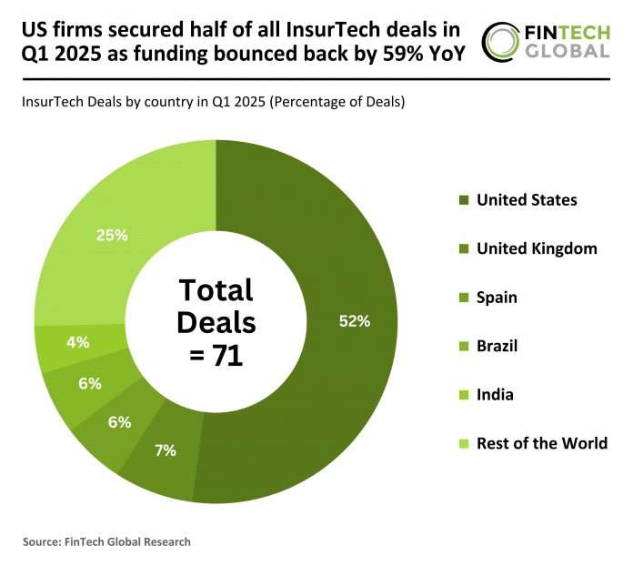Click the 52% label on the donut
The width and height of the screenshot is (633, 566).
point(355,320)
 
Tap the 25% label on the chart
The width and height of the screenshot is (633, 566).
point(112,235)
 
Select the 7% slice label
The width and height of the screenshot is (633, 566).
point(165,450)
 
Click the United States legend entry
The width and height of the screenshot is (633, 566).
point(527,200)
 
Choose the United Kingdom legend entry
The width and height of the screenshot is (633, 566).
point(537,248)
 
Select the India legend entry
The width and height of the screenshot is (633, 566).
point(496,395)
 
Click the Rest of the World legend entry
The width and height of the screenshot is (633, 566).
point(542,443)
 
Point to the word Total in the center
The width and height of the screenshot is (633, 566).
point(216,291)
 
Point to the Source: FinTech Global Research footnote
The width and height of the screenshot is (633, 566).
point(106,541)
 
